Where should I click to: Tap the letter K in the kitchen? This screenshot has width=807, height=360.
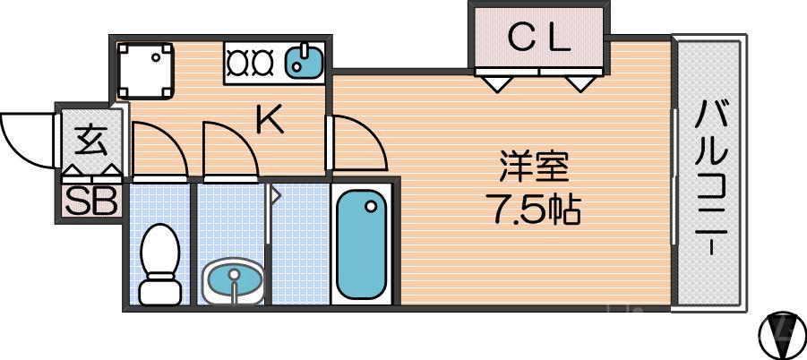[270, 118]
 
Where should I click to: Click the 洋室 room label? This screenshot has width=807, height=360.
[535, 167]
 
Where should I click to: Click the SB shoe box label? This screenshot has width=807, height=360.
[90, 201]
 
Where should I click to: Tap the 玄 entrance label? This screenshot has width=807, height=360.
[89, 141]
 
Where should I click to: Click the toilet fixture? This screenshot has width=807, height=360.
[160, 263]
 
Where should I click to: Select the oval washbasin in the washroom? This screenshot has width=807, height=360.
[234, 280]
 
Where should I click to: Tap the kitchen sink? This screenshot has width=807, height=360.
[305, 63]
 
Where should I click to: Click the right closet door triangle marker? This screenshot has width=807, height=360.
[580, 84]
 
